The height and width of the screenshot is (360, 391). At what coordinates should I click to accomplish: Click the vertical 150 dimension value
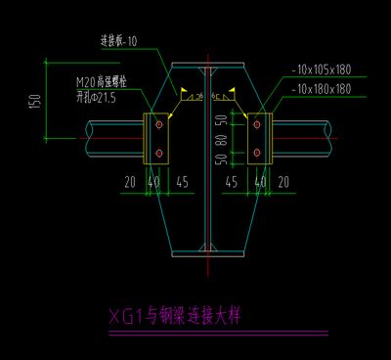[34, 102]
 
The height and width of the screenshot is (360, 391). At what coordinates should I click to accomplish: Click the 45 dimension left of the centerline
[182, 182]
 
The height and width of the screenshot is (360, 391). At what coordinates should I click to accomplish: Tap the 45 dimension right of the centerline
[232, 182]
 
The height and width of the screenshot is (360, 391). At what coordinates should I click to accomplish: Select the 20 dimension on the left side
[130, 182]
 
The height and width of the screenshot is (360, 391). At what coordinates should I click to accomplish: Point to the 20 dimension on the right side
[283, 182]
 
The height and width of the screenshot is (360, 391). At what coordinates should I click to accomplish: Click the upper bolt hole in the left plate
[156, 123]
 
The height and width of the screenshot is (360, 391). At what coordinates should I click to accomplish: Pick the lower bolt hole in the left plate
[156, 153]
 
